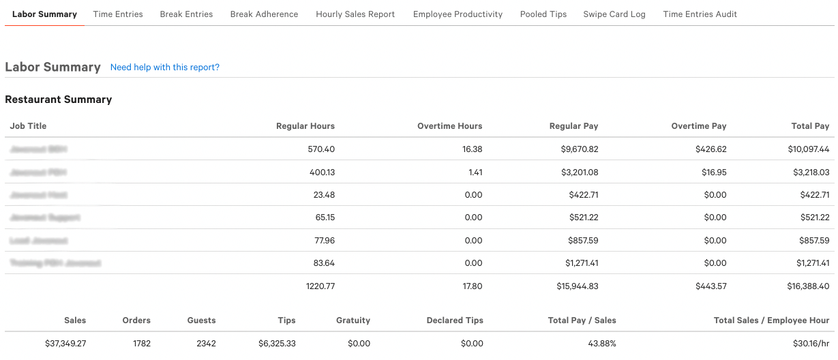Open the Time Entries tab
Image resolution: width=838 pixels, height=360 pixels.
[118, 14]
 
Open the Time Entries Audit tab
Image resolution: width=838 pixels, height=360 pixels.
[700, 14]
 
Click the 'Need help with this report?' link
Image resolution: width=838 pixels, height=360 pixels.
[165, 67]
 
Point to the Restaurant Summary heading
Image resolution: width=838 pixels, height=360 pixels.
[59, 100]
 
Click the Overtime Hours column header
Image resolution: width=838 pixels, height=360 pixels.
[449, 126]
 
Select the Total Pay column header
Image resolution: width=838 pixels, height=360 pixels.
[811, 126]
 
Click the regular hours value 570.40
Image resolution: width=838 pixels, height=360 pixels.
[321, 149]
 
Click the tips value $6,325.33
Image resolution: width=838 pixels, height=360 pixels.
[277, 343]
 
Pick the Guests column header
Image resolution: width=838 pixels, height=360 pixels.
[201, 320]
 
